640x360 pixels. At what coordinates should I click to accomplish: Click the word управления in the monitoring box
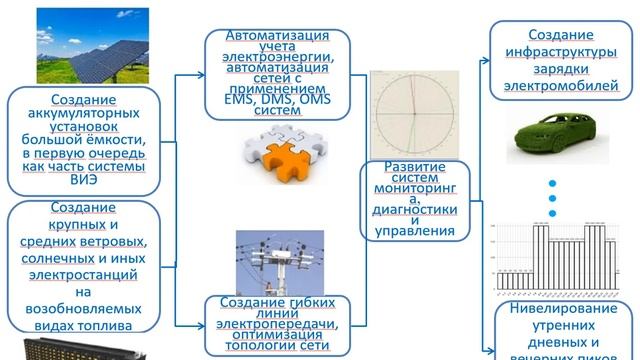(x=406, y=231)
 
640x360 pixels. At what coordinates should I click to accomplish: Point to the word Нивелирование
(x=564, y=321)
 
